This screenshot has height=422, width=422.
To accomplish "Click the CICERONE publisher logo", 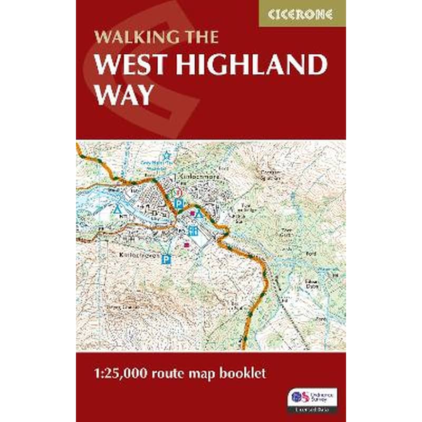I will click(x=302, y=14).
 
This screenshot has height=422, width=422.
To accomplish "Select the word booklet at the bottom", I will click(x=243, y=374).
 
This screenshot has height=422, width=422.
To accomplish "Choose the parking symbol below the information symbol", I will click(x=179, y=203).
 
